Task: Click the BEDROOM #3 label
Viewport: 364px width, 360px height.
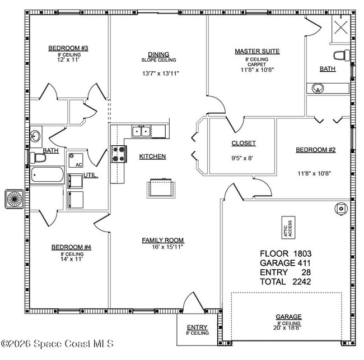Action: point(68,48)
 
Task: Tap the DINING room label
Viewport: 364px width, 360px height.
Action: point(158,54)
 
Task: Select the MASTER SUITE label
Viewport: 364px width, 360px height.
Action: point(256,52)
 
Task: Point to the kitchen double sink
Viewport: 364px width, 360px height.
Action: point(141,132)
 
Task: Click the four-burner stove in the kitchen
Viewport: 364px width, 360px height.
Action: point(118,154)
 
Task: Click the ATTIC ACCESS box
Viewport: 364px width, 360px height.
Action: point(288,227)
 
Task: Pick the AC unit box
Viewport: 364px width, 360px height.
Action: point(74,160)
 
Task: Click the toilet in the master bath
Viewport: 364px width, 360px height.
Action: point(341,55)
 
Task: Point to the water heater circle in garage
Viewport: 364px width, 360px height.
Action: point(340,209)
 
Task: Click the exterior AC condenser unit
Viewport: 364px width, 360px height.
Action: point(14,199)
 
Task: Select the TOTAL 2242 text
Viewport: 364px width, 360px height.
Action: point(285,281)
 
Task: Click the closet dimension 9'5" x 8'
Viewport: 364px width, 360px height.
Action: point(243,158)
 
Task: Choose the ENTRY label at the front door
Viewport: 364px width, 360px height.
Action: point(197,327)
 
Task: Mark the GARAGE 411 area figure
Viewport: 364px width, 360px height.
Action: point(285,263)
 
